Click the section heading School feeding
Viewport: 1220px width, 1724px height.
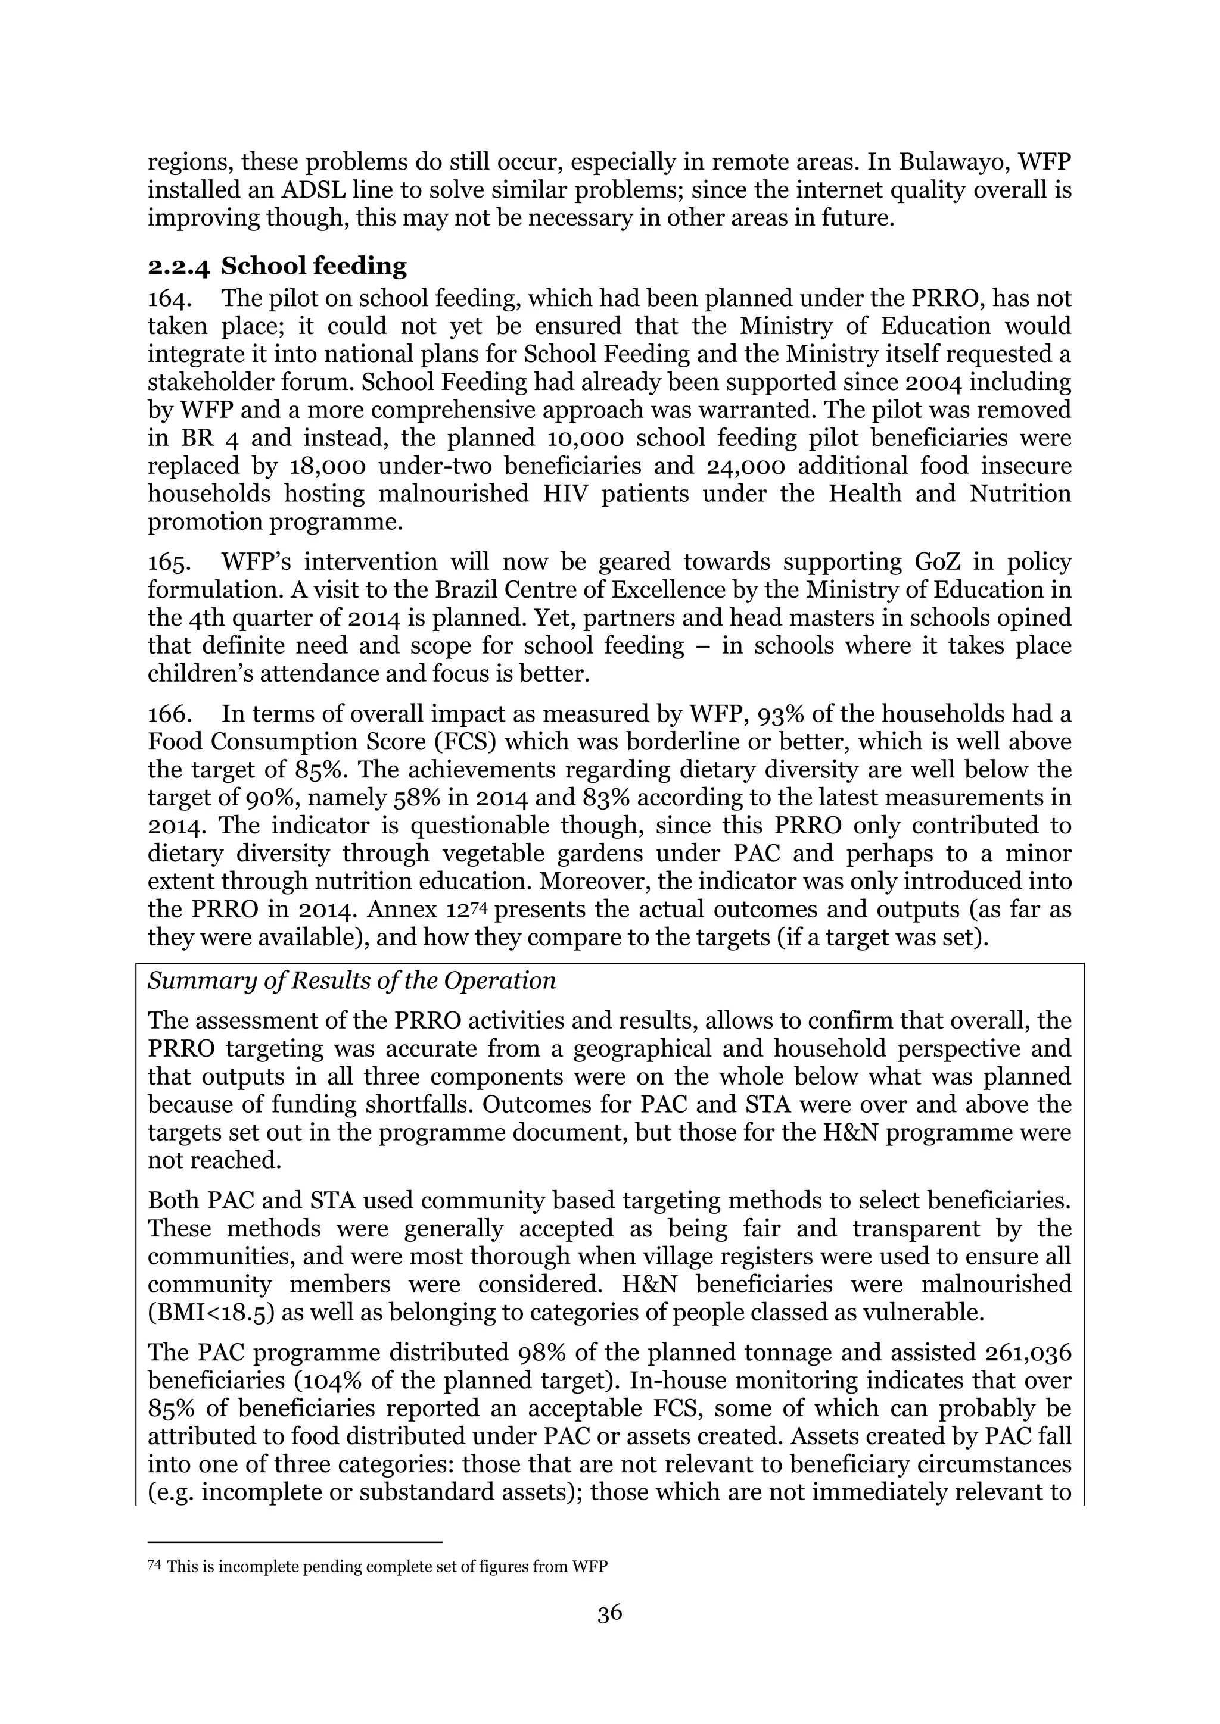313,266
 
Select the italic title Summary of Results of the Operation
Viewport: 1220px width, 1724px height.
351,980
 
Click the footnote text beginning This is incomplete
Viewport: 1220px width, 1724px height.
387,1567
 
